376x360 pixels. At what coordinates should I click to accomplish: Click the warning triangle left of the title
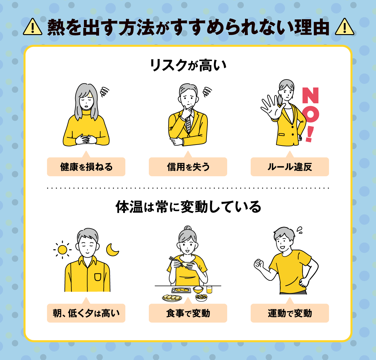point(33,27)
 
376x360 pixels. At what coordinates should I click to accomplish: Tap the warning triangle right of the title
point(344,27)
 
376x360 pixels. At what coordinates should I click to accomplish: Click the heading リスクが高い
point(188,65)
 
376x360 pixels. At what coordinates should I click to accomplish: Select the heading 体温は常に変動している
point(188,207)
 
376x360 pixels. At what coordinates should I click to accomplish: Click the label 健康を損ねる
point(86,167)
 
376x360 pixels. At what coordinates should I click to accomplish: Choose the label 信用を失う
point(188,167)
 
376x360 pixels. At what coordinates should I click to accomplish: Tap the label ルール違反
point(290,167)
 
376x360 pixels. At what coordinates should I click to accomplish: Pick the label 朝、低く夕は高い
point(86,313)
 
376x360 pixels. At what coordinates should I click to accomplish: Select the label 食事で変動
point(188,313)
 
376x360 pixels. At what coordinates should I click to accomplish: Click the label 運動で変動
point(290,313)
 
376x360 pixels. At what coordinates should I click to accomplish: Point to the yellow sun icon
point(62,249)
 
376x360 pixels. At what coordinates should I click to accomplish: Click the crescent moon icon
point(112,249)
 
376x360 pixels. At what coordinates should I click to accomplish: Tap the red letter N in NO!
point(310,95)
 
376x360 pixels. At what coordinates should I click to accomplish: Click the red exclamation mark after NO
point(310,134)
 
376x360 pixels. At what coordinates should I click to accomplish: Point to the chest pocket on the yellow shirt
point(98,277)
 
